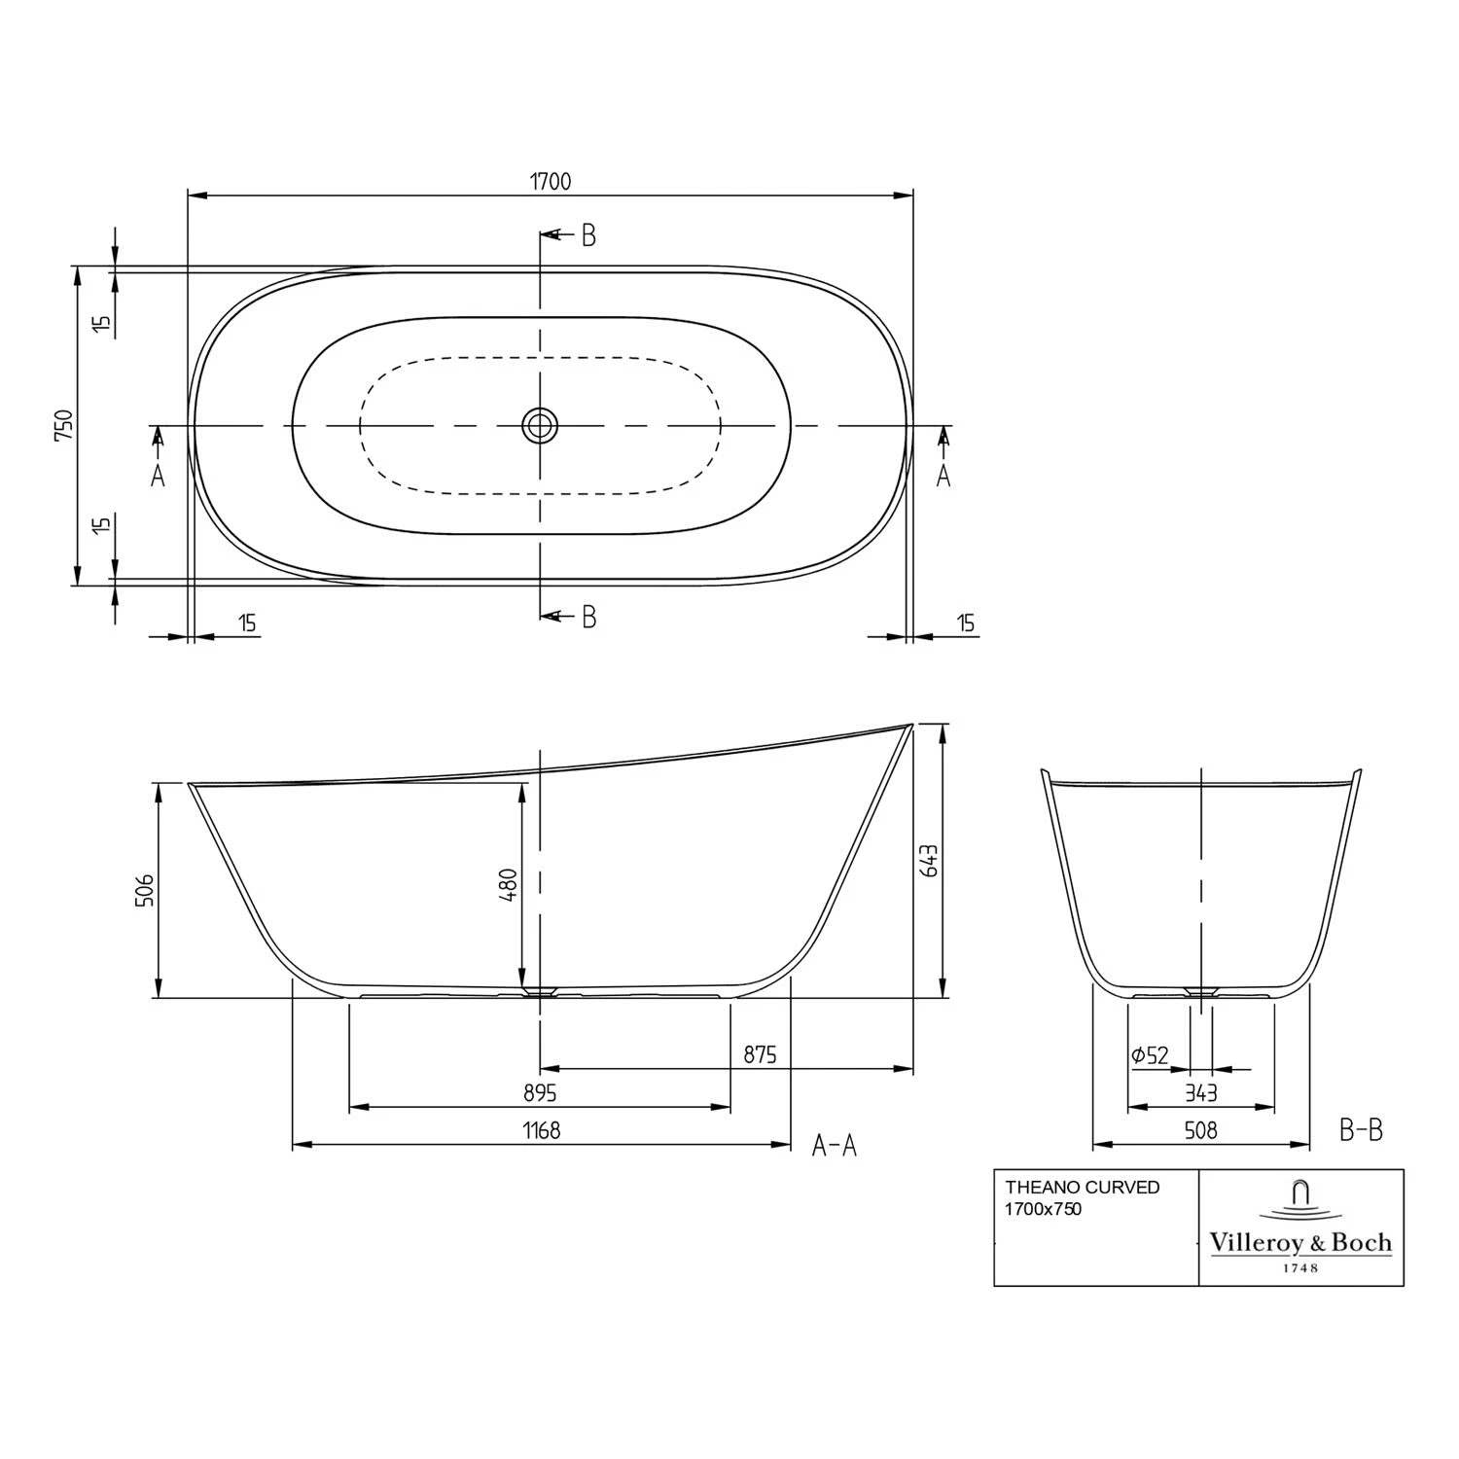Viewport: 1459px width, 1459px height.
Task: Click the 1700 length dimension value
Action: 550,181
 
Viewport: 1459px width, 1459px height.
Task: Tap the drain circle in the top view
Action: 540,425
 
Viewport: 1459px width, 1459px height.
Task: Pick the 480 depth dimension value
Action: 507,884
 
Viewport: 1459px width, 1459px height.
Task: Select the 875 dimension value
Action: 760,1054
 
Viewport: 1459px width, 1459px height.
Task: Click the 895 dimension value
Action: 540,1093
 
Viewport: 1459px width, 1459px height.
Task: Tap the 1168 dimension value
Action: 542,1130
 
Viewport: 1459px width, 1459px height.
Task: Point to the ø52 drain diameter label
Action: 1150,1055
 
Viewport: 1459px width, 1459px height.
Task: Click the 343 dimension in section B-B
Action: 1200,1093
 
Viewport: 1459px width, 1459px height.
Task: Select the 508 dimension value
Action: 1200,1130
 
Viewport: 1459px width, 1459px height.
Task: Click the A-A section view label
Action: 835,1146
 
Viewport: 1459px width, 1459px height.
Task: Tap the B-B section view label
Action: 1361,1130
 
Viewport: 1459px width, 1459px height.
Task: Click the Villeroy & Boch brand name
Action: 1300,1242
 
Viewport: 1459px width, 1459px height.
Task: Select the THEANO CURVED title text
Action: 1082,1188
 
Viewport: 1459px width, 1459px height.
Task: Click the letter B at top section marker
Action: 588,235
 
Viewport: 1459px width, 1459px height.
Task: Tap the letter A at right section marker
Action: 943,476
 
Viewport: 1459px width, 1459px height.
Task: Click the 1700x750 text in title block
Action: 1043,1210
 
